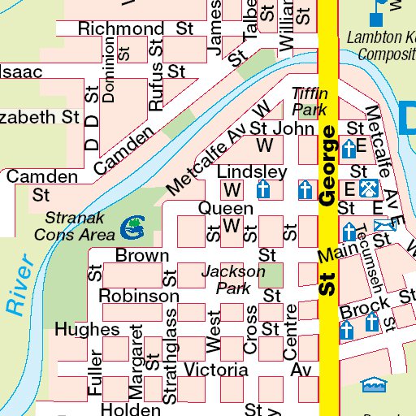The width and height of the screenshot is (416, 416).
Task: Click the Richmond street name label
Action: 120,29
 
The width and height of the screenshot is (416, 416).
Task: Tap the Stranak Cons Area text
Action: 79,226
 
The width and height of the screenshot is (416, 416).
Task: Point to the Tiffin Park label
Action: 310,101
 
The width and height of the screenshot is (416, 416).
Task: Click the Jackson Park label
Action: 233,279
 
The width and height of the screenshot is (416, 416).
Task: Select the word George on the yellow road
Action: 327,166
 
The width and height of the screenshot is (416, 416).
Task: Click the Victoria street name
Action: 215,370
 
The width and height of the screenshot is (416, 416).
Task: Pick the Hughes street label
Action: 87,330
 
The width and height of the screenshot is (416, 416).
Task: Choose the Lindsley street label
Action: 252,172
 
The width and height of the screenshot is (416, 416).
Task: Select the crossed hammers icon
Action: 368,189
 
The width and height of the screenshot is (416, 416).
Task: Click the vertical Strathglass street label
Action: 170,356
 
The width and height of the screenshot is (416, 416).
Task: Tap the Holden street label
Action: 130,409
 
